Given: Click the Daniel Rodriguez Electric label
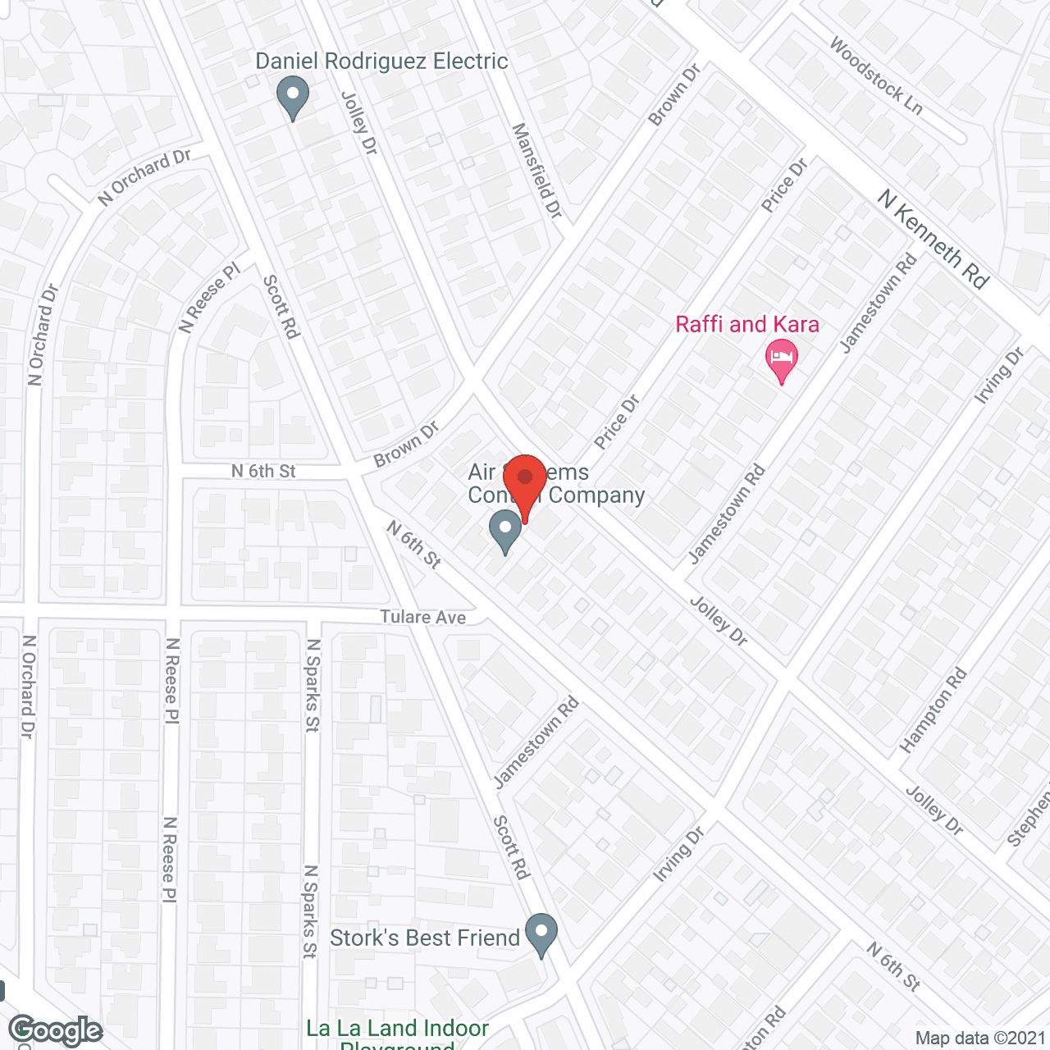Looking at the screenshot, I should [381, 62].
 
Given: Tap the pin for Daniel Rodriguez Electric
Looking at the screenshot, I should [292, 97].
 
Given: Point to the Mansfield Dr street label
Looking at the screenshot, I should [537, 171].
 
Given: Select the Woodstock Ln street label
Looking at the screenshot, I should [875, 75].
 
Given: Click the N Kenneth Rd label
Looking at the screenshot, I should [934, 239].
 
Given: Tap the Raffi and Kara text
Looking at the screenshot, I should [747, 325].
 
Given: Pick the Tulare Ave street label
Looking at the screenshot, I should [422, 617].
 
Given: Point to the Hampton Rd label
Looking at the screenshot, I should [934, 710].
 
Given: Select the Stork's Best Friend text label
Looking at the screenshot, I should [425, 938].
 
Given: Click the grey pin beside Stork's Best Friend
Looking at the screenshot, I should [541, 934].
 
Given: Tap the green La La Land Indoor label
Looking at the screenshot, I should [397, 1029].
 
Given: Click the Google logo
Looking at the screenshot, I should [55, 1031].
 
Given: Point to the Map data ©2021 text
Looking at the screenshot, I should [980, 1038].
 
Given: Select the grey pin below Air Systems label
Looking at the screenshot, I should [504, 531].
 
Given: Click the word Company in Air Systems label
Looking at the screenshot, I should [596, 495].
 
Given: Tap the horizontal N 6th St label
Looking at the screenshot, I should [262, 471].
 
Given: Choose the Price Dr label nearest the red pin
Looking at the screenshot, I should [617, 422].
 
